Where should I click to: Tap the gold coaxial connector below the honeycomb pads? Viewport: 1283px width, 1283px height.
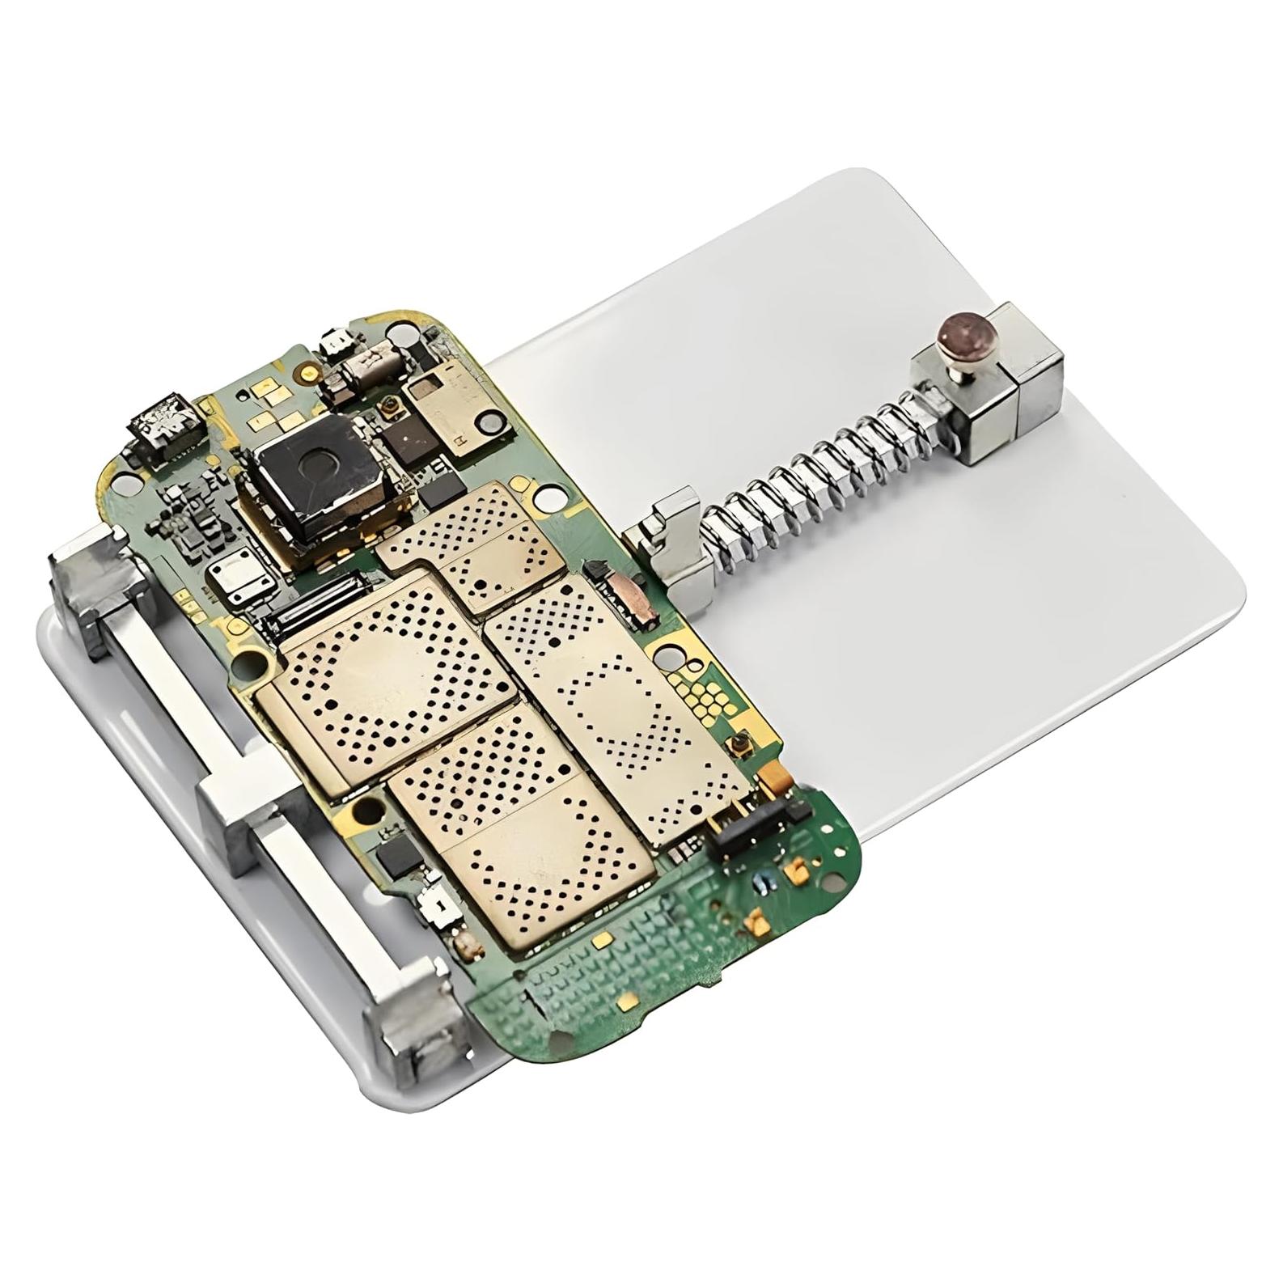click(737, 743)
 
